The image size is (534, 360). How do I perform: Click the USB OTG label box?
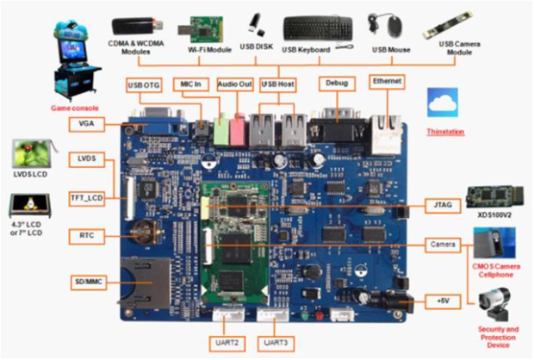145,84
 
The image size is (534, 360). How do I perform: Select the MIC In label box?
191,84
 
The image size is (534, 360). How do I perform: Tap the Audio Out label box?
234,84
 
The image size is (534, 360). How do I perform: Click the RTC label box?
85,235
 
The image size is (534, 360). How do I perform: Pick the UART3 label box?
276,343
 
